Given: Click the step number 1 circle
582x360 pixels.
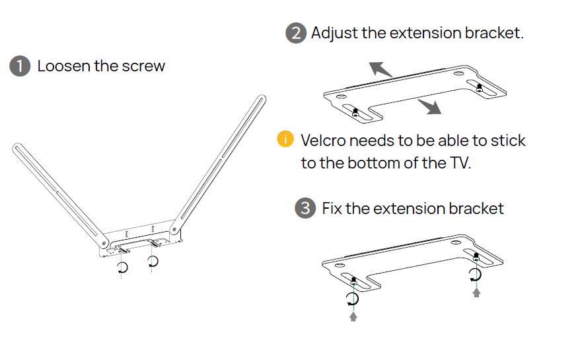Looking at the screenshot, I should (20, 66).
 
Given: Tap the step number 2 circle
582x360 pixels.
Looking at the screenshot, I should (296, 33).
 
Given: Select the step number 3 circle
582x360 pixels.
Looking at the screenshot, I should (305, 209).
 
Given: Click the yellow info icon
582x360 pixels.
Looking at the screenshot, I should (285, 139).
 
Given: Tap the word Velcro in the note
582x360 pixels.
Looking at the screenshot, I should (322, 141).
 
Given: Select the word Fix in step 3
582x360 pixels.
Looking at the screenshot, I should (331, 209).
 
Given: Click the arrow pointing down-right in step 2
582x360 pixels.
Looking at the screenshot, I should (429, 107).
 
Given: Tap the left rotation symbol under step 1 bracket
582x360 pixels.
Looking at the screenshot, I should (122, 267).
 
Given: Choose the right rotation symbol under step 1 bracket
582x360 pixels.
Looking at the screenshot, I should (153, 262).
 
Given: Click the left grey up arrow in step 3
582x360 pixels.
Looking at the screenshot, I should (353, 316).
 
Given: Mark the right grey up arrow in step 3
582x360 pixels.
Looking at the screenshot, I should (476, 291).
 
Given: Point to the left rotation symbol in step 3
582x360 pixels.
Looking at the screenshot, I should (353, 299).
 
